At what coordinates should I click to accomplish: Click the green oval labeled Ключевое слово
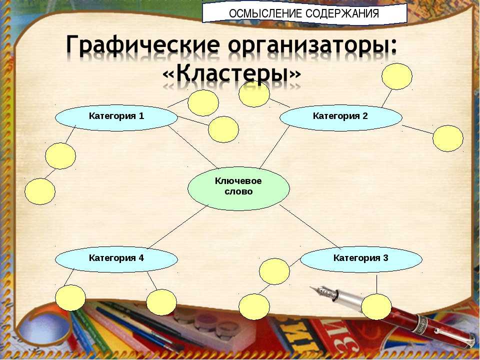pyautogui.click(x=238, y=188)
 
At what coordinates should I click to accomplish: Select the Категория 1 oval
pyautogui.click(x=116, y=118)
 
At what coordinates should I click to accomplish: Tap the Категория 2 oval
pyautogui.click(x=341, y=118)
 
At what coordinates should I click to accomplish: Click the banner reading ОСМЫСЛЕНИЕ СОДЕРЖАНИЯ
pyautogui.click(x=304, y=13)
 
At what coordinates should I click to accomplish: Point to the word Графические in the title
pyautogui.click(x=143, y=45)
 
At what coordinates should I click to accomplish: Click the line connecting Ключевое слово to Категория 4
pyautogui.click(x=178, y=227)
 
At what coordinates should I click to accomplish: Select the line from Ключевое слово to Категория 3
pyautogui.click(x=310, y=226)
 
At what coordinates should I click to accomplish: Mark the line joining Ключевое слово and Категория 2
pyautogui.click(x=274, y=146)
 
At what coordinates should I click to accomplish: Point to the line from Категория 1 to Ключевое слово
pyautogui.click(x=192, y=146)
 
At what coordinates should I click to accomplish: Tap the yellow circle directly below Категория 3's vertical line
pyautogui.click(x=376, y=306)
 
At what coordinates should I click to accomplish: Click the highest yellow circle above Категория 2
pyautogui.click(x=397, y=76)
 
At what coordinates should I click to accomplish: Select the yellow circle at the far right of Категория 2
pyautogui.click(x=448, y=138)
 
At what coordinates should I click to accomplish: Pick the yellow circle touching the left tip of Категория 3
pyautogui.click(x=274, y=271)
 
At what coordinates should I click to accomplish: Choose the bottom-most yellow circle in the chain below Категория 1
pyautogui.click(x=40, y=191)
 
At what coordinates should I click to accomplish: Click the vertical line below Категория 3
pyautogui.click(x=377, y=284)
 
